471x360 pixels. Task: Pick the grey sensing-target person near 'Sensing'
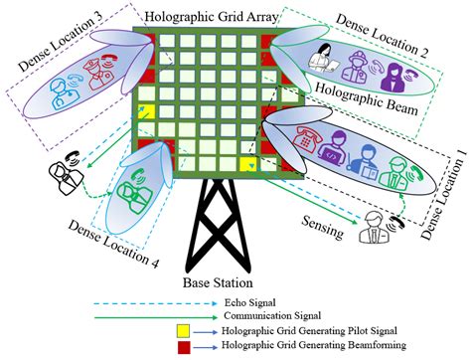point(375,222)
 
